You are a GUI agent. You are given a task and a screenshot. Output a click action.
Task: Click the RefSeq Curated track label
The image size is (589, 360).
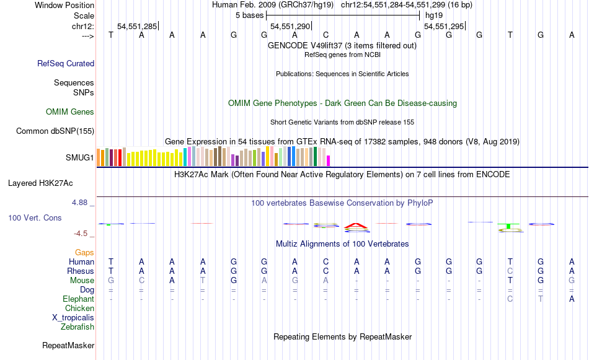click(66, 63)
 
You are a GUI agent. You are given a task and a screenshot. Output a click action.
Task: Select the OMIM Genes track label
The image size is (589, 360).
click(70, 112)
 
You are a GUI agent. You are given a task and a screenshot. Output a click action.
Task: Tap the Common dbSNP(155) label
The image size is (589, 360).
click(55, 131)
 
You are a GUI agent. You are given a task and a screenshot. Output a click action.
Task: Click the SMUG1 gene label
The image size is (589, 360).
click(80, 157)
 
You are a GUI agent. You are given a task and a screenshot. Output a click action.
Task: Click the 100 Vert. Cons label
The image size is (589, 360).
click(35, 218)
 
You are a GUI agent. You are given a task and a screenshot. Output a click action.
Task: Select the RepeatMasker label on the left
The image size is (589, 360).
click(68, 345)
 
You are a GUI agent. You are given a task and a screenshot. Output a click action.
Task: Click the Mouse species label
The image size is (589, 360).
click(82, 280)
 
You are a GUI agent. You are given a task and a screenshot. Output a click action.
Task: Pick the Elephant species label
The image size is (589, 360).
click(79, 299)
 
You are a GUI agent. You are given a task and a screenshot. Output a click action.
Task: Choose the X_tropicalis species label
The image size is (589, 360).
click(73, 317)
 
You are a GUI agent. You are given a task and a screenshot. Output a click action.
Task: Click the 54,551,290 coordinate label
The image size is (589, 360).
click(290, 26)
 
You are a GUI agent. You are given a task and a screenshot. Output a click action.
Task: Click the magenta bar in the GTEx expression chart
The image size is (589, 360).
click(328, 160)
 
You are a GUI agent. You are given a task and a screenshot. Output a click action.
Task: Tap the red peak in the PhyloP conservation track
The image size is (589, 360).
click(356, 224)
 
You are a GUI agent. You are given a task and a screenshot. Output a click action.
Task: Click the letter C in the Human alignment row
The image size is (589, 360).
click(326, 261)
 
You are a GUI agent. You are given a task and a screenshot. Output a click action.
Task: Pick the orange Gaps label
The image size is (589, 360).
click(84, 252)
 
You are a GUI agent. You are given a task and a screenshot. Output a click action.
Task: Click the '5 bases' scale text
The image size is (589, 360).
click(250, 15)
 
